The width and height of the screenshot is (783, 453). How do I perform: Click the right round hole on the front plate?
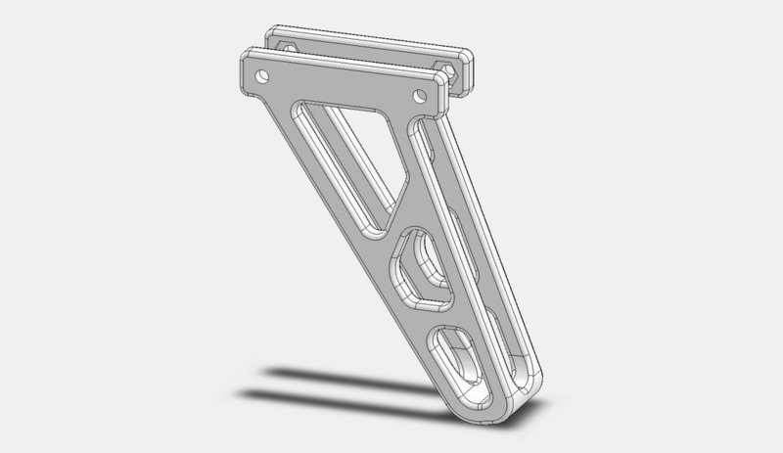click(x=420, y=96)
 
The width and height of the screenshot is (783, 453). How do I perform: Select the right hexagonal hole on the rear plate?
click(x=449, y=69)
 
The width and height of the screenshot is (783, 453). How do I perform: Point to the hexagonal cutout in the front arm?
click(x=424, y=266)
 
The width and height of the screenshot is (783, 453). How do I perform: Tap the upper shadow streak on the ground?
click(x=323, y=373)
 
